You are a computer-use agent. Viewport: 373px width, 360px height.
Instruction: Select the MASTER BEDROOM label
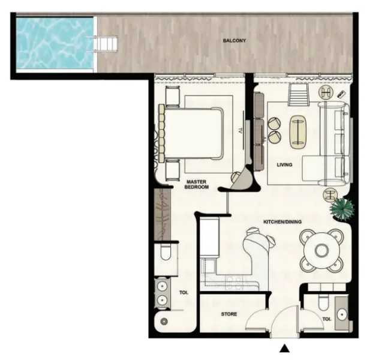[197, 184]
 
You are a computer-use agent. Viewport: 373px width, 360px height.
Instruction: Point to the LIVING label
[284, 164]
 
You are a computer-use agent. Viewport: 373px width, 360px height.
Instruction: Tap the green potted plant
[343, 208]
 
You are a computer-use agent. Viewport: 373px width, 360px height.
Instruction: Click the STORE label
[228, 314]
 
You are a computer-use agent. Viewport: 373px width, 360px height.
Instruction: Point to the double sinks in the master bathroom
[161, 292]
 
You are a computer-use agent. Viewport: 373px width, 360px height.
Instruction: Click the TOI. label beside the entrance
[327, 319]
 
